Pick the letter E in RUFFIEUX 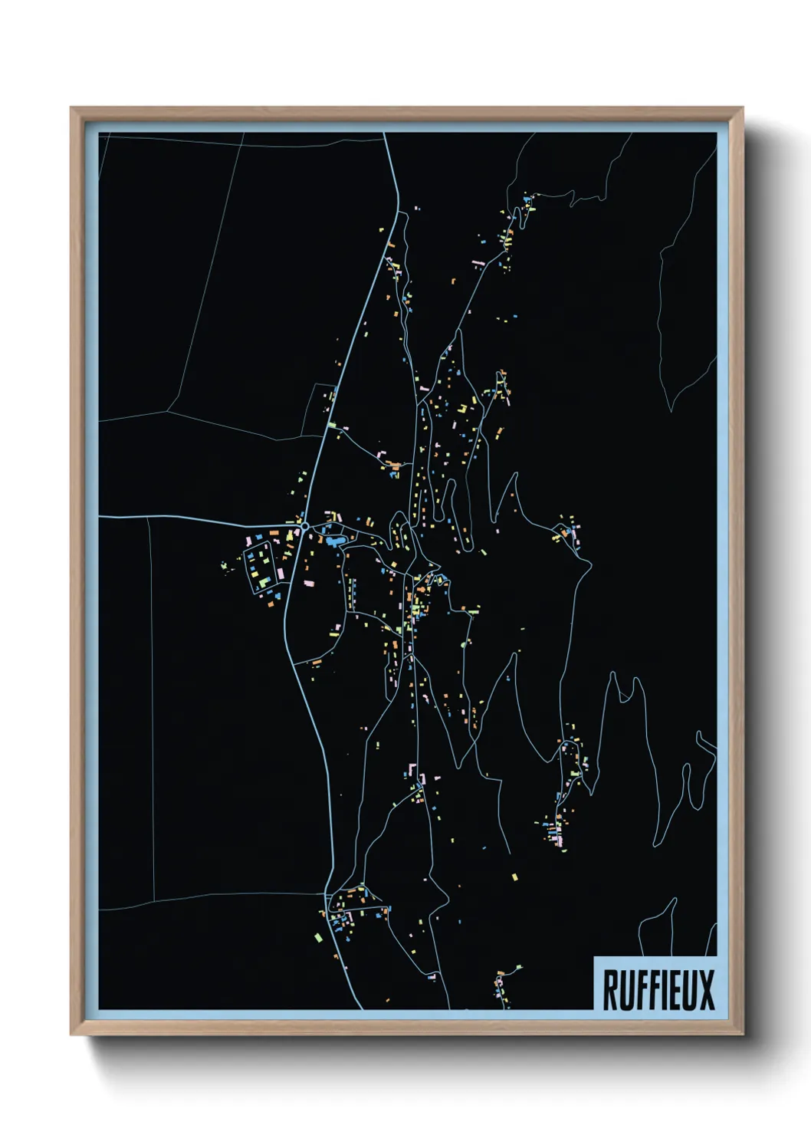coord(671,989)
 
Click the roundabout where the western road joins coord(305,526)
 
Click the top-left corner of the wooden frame coord(71,108)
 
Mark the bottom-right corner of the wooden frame coord(742,1035)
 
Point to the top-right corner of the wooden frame coord(742,108)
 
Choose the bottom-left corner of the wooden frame coord(71,1035)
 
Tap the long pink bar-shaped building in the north coord(479,262)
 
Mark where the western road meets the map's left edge coord(100,517)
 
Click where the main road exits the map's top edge coord(385,134)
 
